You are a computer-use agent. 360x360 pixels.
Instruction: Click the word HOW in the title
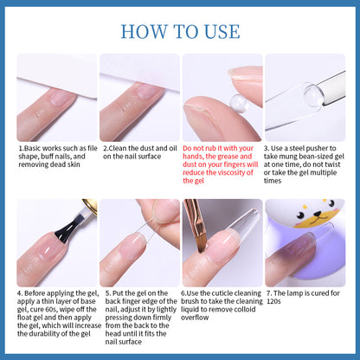pos(144,31)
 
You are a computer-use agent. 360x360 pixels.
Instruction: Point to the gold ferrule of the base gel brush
pos(90,205)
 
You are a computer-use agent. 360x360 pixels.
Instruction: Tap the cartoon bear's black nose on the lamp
pos(318,214)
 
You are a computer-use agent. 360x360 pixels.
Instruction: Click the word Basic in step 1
pos(32,149)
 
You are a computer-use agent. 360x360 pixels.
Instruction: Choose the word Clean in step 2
pos(118,149)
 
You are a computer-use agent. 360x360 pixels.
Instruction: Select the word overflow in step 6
pos(195,318)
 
